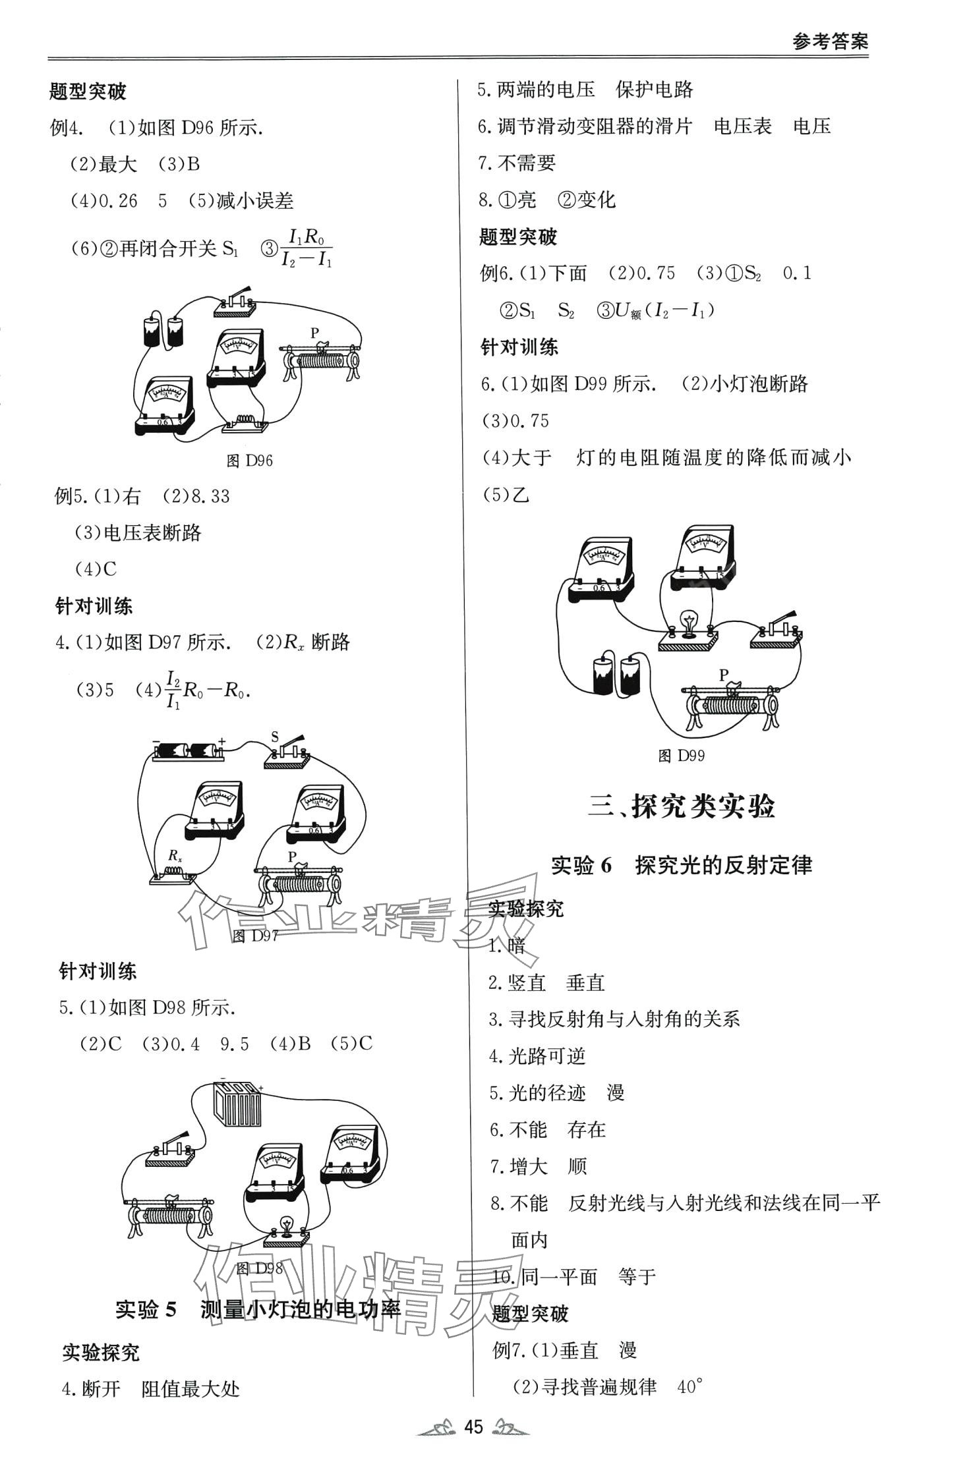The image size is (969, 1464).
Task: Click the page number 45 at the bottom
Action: [x=474, y=1427]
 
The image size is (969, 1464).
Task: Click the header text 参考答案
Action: [x=830, y=42]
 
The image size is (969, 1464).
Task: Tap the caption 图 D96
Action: [x=249, y=461]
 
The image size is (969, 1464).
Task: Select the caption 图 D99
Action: [x=682, y=756]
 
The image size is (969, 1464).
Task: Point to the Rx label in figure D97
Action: [x=175, y=856]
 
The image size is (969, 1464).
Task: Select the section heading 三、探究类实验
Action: [x=682, y=806]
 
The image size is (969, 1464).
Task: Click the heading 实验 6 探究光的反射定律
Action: [x=682, y=865]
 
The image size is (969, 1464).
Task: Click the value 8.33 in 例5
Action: [x=210, y=497]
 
